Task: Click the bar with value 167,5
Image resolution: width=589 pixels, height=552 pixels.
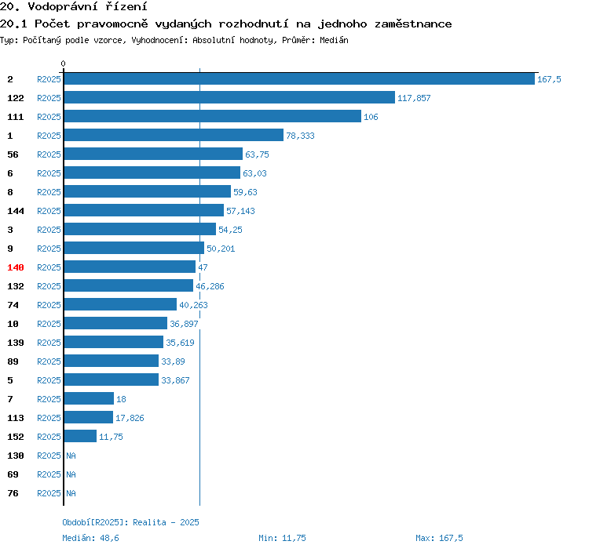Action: click(299, 78)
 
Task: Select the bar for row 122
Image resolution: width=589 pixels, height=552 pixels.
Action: click(229, 97)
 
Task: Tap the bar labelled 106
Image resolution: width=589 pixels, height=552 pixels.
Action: click(213, 116)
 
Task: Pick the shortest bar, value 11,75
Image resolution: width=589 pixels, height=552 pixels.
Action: click(80, 436)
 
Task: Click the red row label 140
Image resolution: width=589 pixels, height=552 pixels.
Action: click(16, 267)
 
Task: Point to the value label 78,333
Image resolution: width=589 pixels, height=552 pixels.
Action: click(300, 136)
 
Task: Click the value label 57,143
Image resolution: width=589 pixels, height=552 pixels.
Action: click(240, 211)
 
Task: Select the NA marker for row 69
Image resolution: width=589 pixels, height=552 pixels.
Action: click(71, 474)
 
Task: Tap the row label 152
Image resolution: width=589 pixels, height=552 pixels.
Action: click(16, 437)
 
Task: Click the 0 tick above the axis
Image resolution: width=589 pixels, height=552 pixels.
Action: click(63, 64)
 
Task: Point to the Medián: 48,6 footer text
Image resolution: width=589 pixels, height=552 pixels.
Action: click(90, 538)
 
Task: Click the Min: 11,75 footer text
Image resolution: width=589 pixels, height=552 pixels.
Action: click(282, 538)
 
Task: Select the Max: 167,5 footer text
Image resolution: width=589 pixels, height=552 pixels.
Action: click(439, 538)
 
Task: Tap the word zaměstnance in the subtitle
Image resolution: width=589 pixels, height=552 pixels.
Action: click(413, 24)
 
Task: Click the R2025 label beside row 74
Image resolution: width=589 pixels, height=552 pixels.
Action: click(49, 305)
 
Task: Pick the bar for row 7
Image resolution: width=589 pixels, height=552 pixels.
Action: click(89, 398)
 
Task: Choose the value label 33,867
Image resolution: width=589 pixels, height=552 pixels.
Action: click(175, 380)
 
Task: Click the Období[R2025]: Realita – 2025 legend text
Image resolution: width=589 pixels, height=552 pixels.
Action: click(130, 522)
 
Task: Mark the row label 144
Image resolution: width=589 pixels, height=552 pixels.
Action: click(16, 211)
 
